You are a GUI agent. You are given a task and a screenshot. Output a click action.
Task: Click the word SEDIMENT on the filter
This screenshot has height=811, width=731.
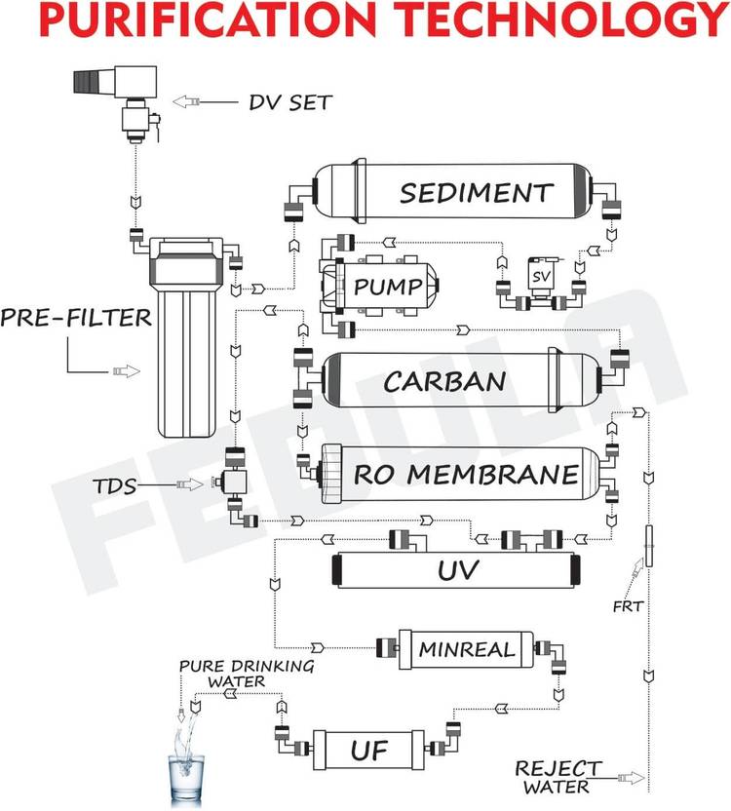[477, 192]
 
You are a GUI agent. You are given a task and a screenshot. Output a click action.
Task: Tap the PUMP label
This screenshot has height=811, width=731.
[388, 286]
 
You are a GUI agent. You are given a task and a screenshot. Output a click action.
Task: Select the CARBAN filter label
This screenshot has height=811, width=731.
[444, 381]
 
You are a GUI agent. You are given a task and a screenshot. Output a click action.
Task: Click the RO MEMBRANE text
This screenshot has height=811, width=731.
[466, 475]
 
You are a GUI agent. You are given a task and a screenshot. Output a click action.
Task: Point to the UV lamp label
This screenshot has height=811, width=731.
[458, 569]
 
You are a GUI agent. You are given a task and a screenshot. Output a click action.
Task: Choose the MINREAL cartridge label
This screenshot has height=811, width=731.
[467, 649]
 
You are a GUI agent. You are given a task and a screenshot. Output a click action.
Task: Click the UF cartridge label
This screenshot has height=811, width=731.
[368, 750]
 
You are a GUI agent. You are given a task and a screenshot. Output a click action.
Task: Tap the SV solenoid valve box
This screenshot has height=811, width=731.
[541, 276]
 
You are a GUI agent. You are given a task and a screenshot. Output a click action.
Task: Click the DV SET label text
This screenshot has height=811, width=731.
[289, 102]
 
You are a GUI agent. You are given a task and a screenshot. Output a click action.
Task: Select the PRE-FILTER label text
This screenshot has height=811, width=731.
[76, 317]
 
